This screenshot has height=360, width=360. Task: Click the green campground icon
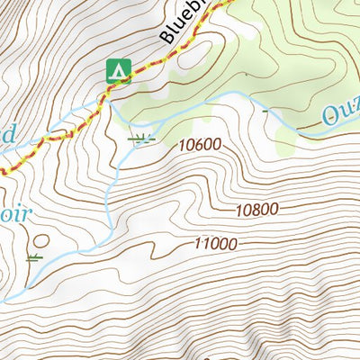pos(119,68)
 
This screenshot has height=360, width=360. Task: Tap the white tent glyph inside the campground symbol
pos(119,69)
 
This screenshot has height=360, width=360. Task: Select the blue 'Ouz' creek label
pos(340,114)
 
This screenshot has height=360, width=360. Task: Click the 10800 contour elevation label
pos(256,210)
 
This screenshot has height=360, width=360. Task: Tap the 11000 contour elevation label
pos(215,244)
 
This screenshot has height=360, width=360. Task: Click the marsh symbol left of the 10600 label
pos(140,139)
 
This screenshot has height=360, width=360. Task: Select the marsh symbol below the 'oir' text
pos(34,257)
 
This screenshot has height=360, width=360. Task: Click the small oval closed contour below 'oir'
pos(40,241)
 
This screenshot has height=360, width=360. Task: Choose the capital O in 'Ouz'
pos(327,117)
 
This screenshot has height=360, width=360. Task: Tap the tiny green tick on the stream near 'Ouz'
pos(265,114)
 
